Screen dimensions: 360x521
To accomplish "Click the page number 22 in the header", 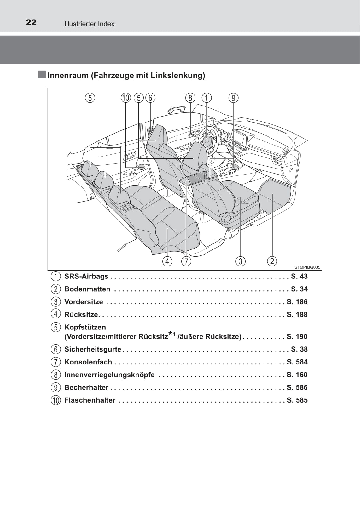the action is (x=31, y=23).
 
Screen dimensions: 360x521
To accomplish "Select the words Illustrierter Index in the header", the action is (x=89, y=24).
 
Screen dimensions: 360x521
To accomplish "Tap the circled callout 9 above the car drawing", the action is (x=233, y=98).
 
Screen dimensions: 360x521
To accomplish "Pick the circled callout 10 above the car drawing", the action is (x=126, y=98).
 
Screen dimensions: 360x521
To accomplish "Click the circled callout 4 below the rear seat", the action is (x=167, y=261).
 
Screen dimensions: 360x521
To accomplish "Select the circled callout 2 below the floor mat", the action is (x=272, y=261).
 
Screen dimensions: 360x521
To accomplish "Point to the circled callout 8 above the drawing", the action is (x=190, y=98).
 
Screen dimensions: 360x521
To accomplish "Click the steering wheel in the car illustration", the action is (x=208, y=141).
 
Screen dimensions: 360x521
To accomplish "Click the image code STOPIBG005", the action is (x=307, y=267).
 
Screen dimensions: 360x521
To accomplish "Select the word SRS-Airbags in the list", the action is (x=86, y=276).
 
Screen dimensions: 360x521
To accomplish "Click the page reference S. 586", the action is (x=297, y=387).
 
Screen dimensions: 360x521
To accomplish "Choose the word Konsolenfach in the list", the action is (x=88, y=362).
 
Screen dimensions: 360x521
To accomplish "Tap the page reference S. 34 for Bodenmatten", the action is (x=299, y=289).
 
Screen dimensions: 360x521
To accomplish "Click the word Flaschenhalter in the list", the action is (x=90, y=400).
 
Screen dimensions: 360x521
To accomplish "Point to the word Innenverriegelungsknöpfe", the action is (x=110, y=375).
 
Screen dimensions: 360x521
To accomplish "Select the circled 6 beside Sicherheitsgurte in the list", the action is (x=55, y=350).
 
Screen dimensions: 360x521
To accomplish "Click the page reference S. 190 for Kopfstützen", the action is (x=297, y=336).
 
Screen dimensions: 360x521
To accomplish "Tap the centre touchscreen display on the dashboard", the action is (x=239, y=137).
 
